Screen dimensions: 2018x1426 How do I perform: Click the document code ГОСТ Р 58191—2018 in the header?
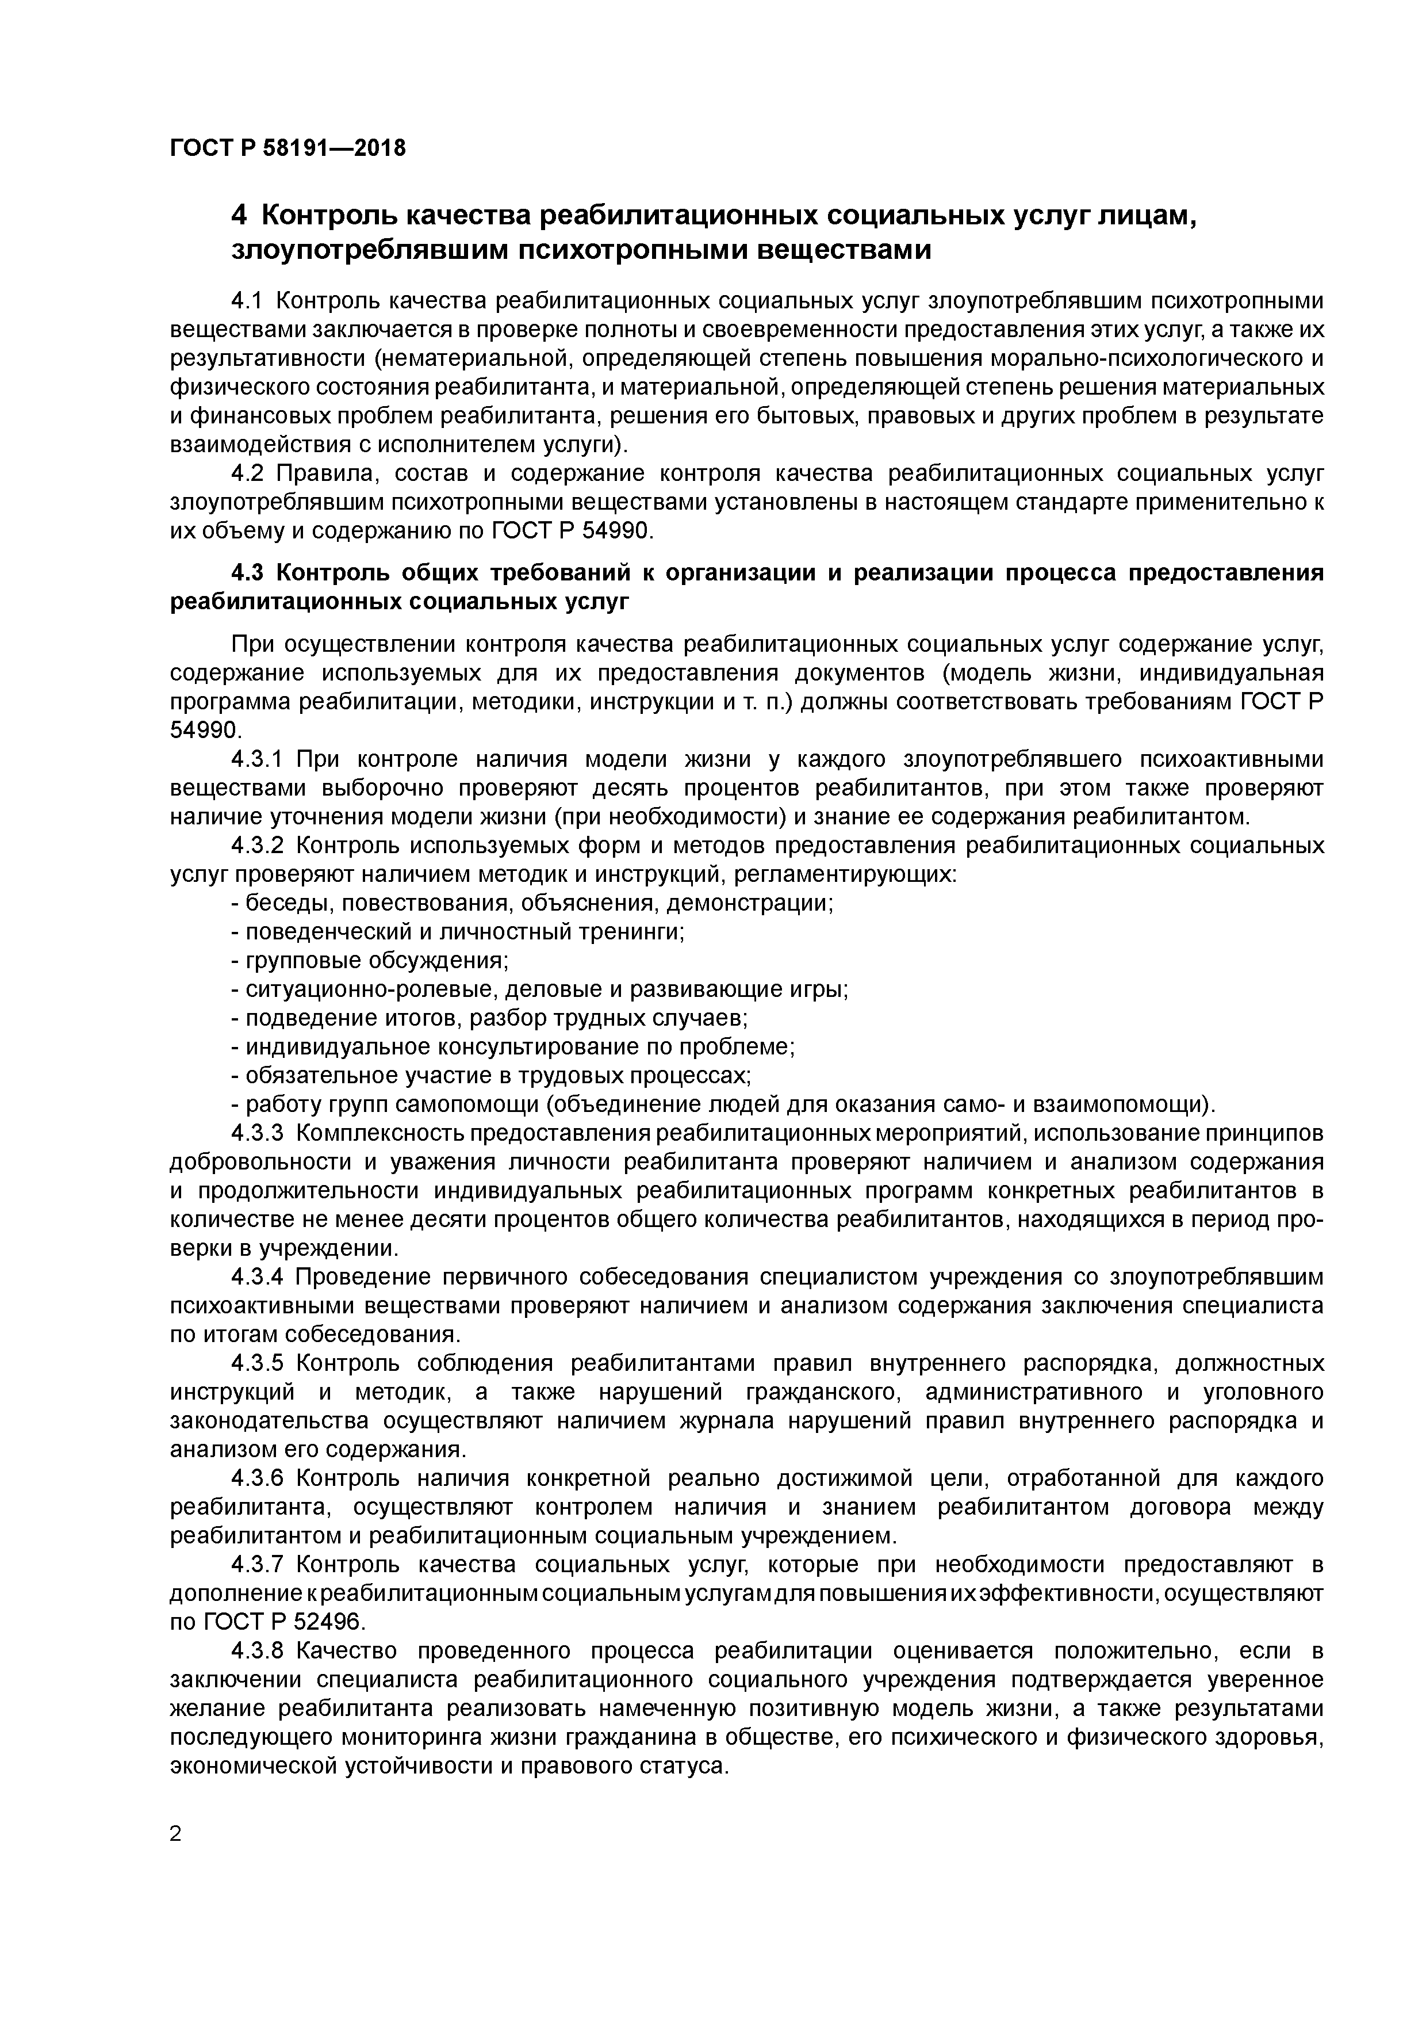coord(287,148)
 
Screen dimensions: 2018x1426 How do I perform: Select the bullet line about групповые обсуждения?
coord(369,961)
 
